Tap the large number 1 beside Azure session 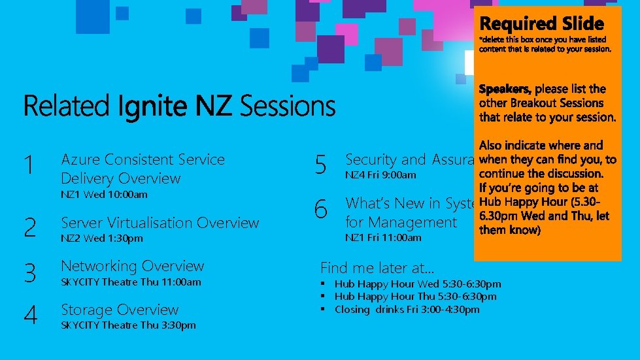tap(28, 166)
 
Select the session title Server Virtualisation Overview tap(160, 223)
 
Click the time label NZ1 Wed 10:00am tap(104, 195)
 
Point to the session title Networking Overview tap(132, 266)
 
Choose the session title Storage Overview tap(120, 310)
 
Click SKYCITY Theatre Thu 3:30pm tap(128, 325)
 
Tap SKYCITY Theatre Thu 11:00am tap(131, 282)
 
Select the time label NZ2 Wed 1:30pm tap(101, 238)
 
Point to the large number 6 tap(320, 210)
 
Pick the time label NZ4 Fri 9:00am tap(380, 175)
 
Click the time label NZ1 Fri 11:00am tap(383, 238)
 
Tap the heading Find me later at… tap(377, 267)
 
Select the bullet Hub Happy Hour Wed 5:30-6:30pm tap(418, 284)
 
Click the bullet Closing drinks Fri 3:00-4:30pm tap(407, 309)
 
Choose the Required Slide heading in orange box tap(542, 24)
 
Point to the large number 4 tap(30, 316)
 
